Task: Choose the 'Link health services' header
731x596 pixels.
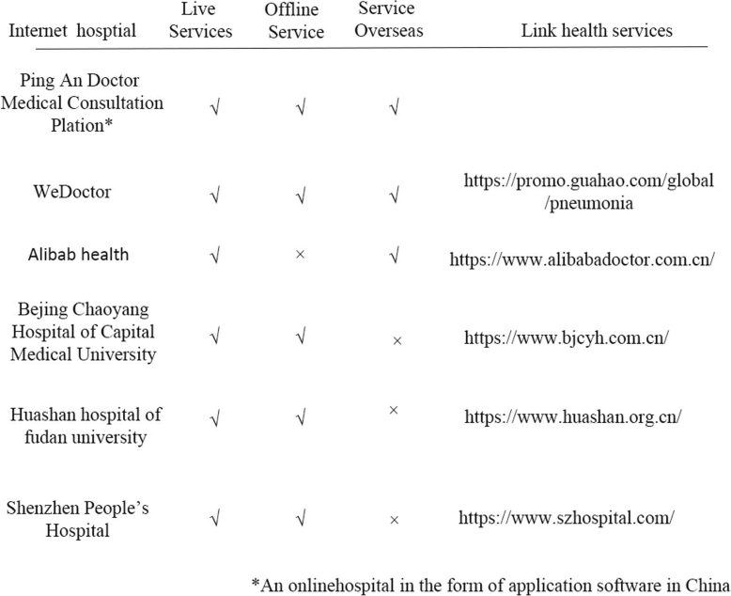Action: tap(597, 30)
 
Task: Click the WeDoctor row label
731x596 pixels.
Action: tap(71, 191)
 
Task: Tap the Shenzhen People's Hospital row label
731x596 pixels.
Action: tap(77, 518)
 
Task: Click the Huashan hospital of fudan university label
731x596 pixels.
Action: tap(86, 425)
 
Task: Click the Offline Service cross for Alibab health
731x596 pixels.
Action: tap(300, 255)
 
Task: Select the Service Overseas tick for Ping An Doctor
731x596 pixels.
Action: tap(395, 105)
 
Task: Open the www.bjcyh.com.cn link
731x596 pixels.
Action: tap(566, 337)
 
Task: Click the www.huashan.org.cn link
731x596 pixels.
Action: tap(572, 416)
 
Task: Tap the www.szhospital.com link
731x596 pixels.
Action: tap(567, 516)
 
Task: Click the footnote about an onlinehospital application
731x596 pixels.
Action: tap(490, 583)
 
